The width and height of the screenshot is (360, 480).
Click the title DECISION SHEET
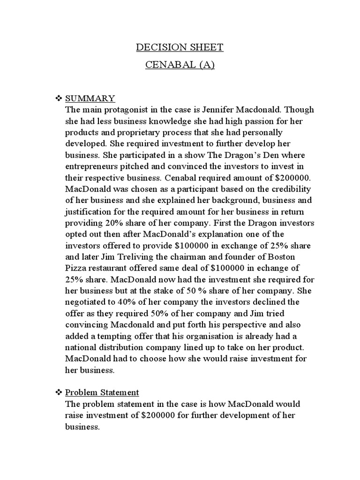point(180,47)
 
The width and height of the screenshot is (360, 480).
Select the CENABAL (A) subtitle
point(180,65)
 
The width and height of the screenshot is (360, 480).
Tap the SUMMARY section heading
point(90,98)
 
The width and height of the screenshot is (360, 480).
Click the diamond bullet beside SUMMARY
point(59,98)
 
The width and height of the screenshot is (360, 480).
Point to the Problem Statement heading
point(102,392)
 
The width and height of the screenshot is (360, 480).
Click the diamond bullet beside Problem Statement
point(59,392)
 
